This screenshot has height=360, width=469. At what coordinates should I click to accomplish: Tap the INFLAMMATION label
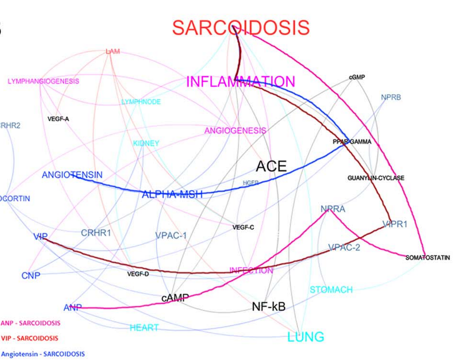click(240, 82)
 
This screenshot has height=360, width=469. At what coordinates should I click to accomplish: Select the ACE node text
click(271, 166)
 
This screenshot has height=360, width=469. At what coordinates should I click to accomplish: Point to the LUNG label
click(306, 337)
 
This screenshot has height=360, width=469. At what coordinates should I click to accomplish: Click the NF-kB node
click(269, 307)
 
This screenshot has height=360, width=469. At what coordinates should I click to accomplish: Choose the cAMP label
click(175, 298)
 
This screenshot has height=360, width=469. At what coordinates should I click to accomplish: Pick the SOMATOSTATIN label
click(428, 258)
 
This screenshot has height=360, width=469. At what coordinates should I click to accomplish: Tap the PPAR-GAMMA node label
click(352, 142)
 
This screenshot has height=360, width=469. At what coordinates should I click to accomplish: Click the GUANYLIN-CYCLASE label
click(376, 178)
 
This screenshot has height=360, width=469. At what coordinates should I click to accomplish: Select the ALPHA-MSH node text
click(172, 194)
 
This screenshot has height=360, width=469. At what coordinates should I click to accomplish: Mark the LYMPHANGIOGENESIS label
click(43, 81)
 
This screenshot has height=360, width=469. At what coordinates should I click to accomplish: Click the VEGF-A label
click(58, 119)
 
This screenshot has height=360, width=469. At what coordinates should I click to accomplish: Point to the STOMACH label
click(331, 290)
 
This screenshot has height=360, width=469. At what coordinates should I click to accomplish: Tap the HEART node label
click(144, 328)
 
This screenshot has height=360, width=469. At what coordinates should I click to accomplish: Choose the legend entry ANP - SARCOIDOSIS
click(31, 323)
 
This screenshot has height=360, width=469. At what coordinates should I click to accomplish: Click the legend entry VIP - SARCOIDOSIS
click(30, 338)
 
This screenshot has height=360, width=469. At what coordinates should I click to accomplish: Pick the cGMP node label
click(357, 77)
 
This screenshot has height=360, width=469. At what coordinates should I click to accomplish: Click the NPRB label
click(391, 97)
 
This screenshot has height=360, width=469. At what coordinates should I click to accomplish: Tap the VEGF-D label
click(138, 274)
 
